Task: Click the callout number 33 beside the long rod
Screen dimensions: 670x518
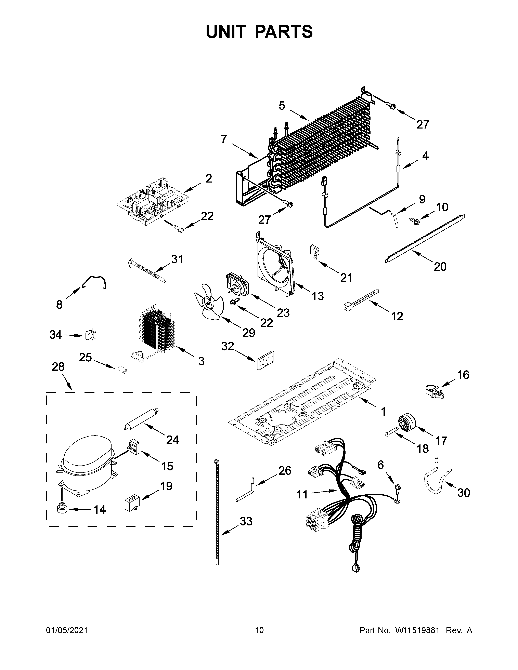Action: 246,521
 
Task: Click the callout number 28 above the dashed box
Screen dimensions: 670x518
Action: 58,367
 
